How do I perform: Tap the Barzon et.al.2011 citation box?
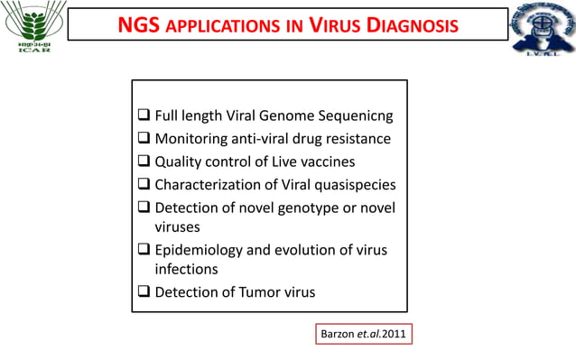pyautogui.click(x=364, y=334)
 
